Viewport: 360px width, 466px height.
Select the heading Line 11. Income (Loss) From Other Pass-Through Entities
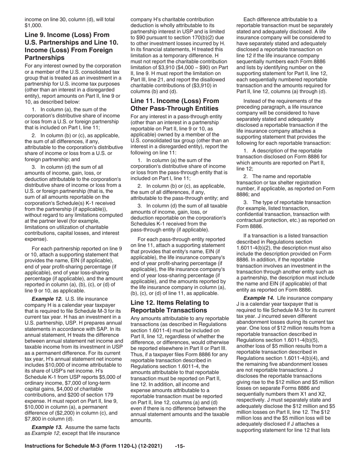click(175, 105)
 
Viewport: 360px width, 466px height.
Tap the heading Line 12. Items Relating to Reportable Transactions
click(169, 306)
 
